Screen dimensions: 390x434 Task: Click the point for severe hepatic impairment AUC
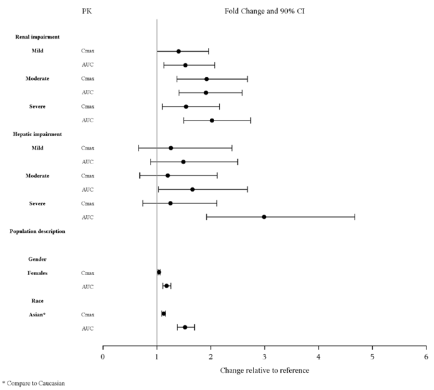[x=264, y=217]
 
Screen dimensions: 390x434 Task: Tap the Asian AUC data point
[x=185, y=327]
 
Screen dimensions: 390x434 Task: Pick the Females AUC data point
[x=167, y=286]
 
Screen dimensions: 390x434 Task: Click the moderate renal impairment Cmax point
[x=207, y=79]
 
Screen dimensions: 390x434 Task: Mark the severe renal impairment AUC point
[x=212, y=120]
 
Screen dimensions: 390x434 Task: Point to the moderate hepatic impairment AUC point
[x=192, y=189]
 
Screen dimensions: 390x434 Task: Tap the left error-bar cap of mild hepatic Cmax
[x=139, y=148]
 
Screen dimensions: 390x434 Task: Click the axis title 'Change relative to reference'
[x=264, y=370]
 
